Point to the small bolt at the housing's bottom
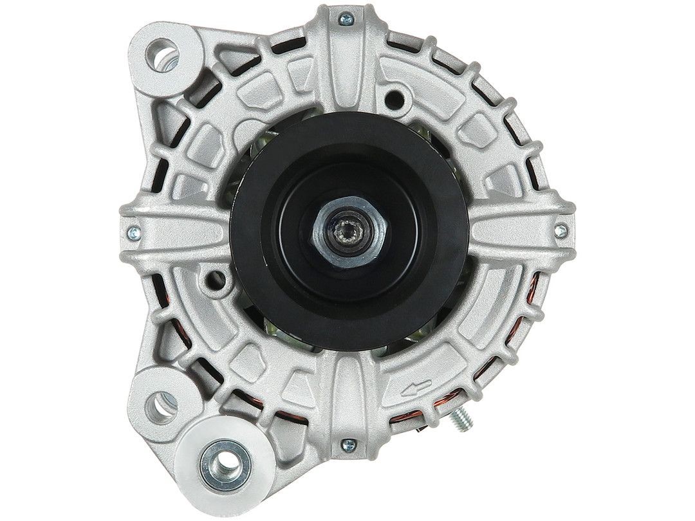point(347,443)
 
